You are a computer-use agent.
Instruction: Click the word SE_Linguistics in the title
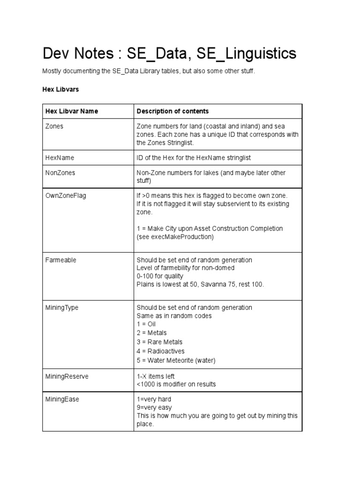[x=247, y=54]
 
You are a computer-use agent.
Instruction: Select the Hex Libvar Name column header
[x=72, y=111]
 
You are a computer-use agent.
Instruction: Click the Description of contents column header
[x=172, y=111]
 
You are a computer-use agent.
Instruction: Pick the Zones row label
[x=54, y=126]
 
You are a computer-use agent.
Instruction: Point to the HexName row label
[x=60, y=157]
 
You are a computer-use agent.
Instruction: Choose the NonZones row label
[x=60, y=172]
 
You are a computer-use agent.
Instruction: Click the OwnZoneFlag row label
[x=65, y=195]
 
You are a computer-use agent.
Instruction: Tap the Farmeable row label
[x=60, y=260]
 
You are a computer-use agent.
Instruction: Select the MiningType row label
[x=61, y=307]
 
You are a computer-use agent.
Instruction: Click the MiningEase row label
[x=62, y=399]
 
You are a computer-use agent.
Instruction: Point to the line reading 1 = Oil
[x=146, y=324]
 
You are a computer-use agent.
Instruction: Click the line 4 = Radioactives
[x=160, y=351]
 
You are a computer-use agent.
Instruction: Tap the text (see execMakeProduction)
[x=175, y=237]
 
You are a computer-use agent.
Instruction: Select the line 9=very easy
[x=154, y=407]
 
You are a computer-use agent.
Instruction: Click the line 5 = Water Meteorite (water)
[x=176, y=360]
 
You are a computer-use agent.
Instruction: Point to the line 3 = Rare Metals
[x=159, y=342]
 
